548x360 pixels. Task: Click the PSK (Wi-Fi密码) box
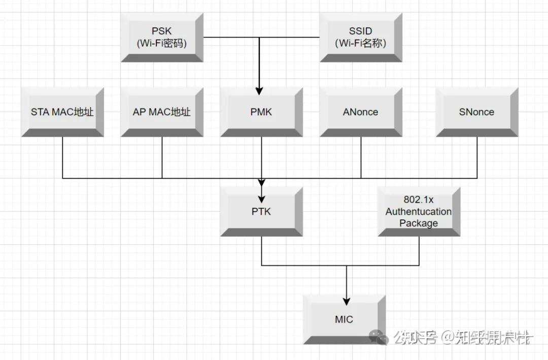tap(162, 38)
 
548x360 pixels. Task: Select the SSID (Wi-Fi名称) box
tap(361, 38)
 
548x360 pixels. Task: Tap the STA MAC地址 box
tap(62, 112)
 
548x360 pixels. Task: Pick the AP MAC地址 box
tap(162, 112)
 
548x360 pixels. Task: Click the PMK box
tap(261, 112)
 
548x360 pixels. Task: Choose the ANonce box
tap(361, 112)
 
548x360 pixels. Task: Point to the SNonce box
tap(477, 112)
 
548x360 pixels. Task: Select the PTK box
tap(261, 211)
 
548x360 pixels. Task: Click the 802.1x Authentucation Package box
tap(419, 211)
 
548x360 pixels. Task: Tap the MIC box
tap(344, 319)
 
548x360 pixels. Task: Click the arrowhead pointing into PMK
tap(259, 91)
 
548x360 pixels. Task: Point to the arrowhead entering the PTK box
tap(261, 198)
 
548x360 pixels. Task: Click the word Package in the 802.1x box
tap(419, 223)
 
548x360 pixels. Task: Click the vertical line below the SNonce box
tap(477, 157)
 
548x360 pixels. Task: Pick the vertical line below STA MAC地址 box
tap(62, 157)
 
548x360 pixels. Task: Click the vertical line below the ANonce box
tap(361, 157)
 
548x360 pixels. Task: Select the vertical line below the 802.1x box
tap(419, 251)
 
